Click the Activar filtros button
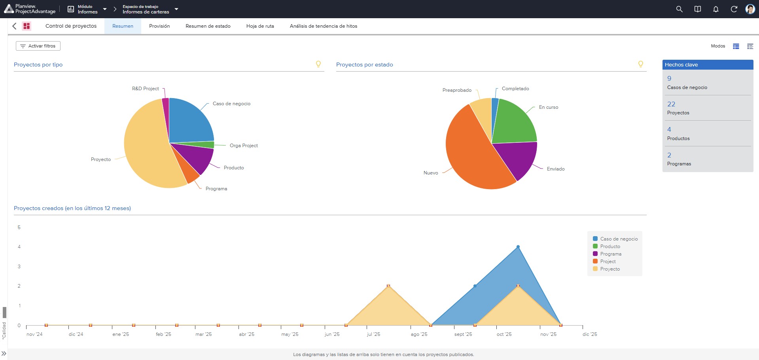[38, 46]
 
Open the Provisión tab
[159, 26]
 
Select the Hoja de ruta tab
[260, 26]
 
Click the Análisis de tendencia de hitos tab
[324, 26]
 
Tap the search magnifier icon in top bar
[679, 9]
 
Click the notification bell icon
[715, 9]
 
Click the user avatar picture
[750, 9]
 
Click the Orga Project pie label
[244, 146]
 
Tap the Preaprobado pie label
[457, 90]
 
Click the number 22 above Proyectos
[671, 104]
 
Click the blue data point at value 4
[518, 247]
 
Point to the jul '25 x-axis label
[373, 334]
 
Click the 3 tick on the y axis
[19, 267]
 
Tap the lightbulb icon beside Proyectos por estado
[641, 64]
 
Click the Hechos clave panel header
[708, 65]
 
